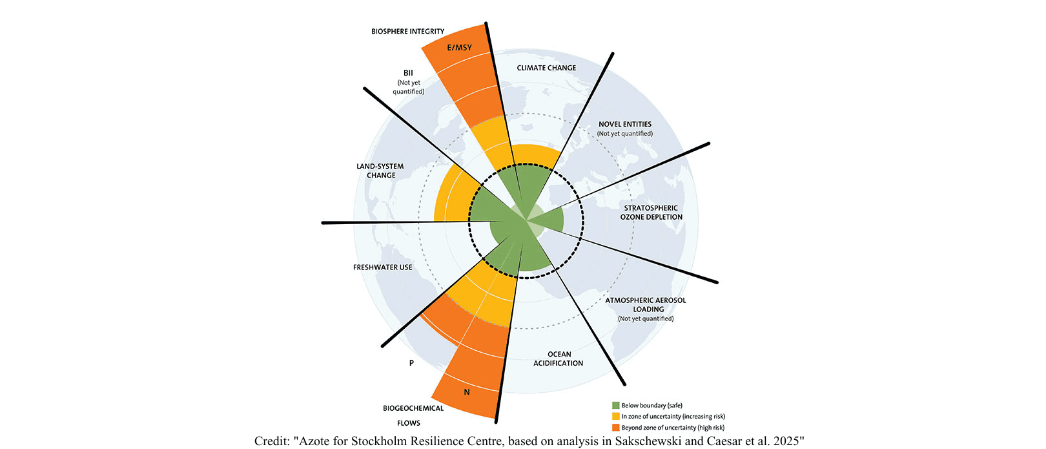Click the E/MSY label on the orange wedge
459,48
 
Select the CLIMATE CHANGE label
546,68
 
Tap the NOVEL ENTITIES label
624,124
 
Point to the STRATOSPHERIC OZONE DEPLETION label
651,213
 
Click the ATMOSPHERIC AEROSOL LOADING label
646,304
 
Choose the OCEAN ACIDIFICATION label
559,359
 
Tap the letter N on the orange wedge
467,392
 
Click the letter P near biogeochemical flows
411,363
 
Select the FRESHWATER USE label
382,267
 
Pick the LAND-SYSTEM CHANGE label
380,171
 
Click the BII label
408,73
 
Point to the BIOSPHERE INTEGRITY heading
407,31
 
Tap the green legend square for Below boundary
616,406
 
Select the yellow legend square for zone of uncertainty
616,417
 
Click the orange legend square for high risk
616,428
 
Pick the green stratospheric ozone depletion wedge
552,222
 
